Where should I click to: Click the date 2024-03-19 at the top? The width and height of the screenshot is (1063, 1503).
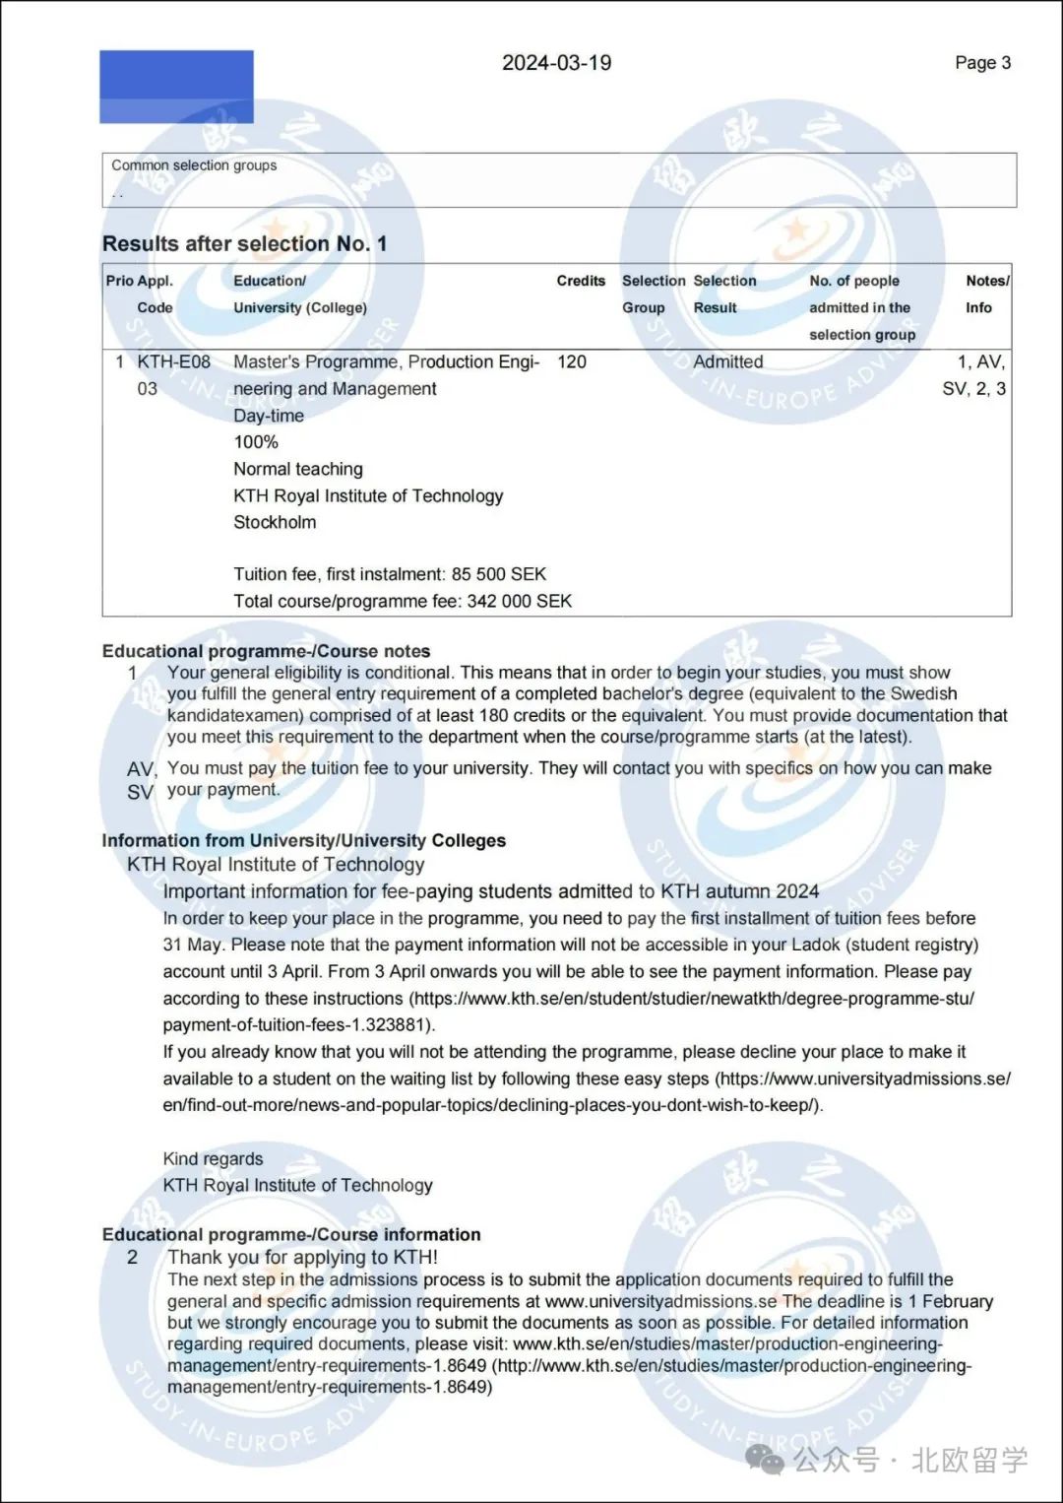coord(556,63)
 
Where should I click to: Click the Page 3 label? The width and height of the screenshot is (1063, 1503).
coord(982,63)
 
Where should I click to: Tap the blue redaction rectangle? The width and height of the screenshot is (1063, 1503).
coord(176,87)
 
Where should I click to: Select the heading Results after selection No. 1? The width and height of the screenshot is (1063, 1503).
coord(244,243)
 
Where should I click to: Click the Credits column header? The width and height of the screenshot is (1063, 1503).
coord(581,281)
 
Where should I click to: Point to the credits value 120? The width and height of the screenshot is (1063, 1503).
coord(571,361)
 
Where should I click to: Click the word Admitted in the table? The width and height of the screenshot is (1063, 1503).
coord(727,361)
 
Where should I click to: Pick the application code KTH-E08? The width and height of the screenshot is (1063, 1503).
coord(173,361)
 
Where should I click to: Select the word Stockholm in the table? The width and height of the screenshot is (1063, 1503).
coord(275,522)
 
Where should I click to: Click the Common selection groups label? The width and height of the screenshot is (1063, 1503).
coord(194,165)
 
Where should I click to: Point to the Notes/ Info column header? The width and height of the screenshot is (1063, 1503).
coord(985,294)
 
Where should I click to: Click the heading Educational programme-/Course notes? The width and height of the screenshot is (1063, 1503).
coord(266,651)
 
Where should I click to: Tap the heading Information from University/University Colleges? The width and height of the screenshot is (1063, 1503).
coord(303,840)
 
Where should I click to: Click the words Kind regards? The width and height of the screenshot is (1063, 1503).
coord(213,1158)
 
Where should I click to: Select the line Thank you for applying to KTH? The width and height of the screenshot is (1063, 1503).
coord(302,1257)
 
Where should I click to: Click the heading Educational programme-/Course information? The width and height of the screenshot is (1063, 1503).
coord(291,1234)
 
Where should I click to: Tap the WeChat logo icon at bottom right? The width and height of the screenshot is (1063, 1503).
coord(765,1459)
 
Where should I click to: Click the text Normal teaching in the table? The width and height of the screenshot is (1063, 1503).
coord(297,469)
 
